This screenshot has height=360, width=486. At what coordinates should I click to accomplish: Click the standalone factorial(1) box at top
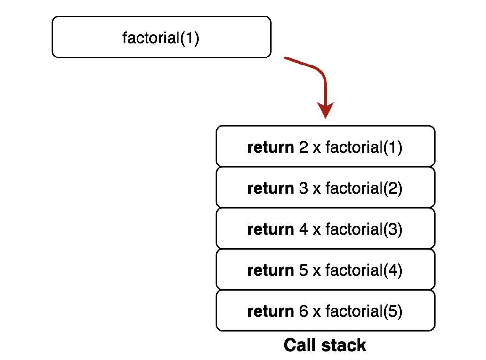point(161,37)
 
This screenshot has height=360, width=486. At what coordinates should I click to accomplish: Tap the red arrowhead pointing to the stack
point(325,110)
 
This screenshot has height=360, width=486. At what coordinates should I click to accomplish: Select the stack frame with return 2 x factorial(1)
point(325,147)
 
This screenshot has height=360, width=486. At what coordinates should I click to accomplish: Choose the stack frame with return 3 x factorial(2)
point(325,188)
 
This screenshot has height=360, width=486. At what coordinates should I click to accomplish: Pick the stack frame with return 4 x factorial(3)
point(325,229)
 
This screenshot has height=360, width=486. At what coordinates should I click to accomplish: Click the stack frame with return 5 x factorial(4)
point(325,270)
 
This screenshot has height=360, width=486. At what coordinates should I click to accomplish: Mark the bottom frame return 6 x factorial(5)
point(325,311)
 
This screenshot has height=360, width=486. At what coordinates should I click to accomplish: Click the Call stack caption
point(325,345)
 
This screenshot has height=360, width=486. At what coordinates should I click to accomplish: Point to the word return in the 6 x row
point(270,311)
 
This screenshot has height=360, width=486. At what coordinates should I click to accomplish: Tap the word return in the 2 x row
point(270,147)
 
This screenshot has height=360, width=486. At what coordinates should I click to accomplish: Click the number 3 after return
point(303,188)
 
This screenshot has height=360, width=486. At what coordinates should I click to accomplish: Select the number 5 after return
point(303,270)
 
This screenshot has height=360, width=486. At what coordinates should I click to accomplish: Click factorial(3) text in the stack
point(364,229)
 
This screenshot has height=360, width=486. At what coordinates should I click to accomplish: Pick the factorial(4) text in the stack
point(364,270)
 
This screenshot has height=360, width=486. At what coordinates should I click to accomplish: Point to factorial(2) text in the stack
point(364,188)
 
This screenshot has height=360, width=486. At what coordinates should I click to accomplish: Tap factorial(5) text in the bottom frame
point(364,311)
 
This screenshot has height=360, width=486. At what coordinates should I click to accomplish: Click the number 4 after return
point(303,229)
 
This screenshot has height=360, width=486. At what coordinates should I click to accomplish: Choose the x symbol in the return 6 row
point(316,312)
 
